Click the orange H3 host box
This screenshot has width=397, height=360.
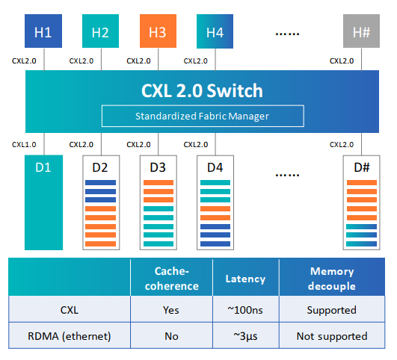point(158,31)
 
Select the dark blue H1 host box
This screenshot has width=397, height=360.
point(43,31)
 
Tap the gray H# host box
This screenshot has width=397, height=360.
point(361,31)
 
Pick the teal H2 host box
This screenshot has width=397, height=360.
point(100,31)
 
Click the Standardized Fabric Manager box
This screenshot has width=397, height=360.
point(203,116)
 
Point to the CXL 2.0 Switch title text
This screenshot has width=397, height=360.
point(202,90)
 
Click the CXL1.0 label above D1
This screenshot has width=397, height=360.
point(24,145)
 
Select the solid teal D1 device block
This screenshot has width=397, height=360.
point(43,202)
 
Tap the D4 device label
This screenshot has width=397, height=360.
point(215,167)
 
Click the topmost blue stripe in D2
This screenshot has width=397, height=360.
point(100,183)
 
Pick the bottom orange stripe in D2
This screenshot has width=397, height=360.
point(100,244)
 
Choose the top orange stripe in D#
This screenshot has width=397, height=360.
point(362,183)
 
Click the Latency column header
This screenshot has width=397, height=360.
point(245,279)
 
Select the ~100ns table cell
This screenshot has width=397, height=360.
point(245,310)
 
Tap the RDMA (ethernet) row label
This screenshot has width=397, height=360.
point(70,336)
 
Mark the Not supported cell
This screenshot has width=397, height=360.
point(332,336)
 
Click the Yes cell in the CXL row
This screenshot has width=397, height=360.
point(171,310)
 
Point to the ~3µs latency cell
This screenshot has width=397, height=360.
point(245,336)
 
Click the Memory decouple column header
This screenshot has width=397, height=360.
point(332,279)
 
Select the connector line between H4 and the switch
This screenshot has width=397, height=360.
point(215,59)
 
